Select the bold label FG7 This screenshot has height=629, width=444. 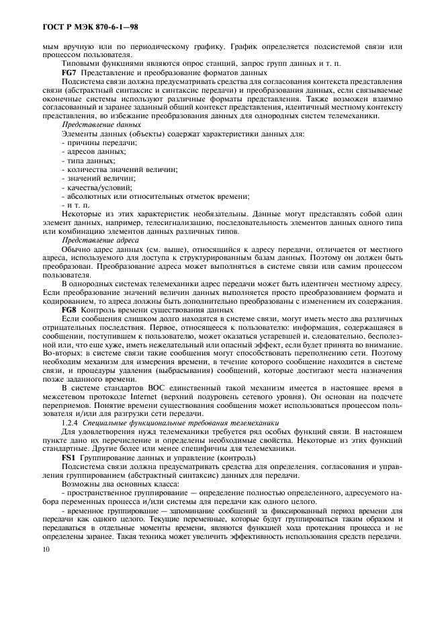point(69,72)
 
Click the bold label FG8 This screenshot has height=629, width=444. point(69,310)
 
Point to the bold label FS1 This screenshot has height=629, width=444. point(68,457)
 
